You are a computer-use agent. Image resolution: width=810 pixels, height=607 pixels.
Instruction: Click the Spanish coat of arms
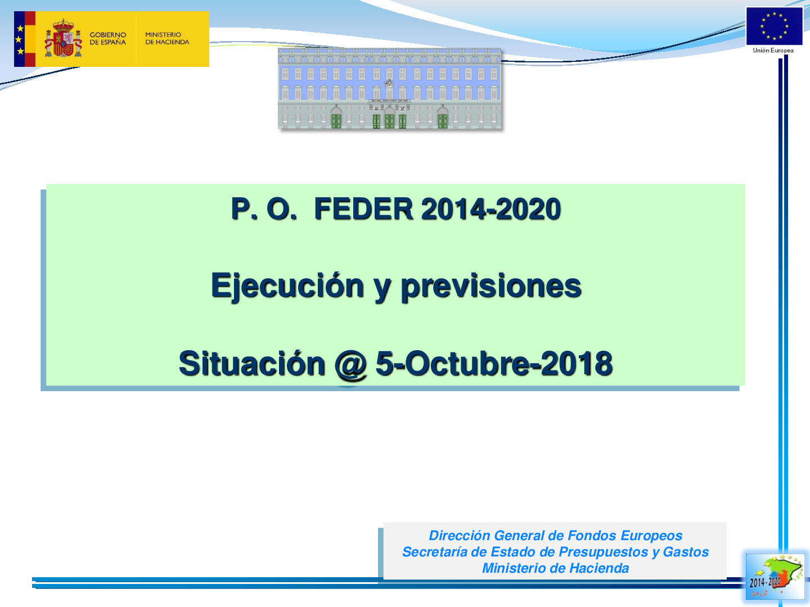pyautogui.click(x=63, y=38)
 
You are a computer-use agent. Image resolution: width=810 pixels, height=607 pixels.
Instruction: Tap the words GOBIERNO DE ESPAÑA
pyautogui.click(x=108, y=38)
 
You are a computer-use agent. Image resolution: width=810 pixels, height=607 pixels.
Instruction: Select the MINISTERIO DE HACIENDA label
pyautogui.click(x=167, y=38)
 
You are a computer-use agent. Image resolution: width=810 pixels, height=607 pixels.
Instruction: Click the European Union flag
pyautogui.click(x=774, y=26)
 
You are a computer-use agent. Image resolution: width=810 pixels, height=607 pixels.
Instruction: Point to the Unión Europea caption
pyautogui.click(x=773, y=51)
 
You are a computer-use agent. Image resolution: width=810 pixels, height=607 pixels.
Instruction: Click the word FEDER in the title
pyautogui.click(x=363, y=209)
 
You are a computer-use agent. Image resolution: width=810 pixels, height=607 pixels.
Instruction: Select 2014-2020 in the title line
pyautogui.click(x=491, y=209)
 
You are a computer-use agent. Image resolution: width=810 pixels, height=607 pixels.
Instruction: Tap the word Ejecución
pyautogui.click(x=287, y=287)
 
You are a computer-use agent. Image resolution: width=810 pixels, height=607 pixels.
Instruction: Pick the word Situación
pyautogui.click(x=251, y=364)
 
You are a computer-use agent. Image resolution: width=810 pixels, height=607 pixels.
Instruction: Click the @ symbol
pyautogui.click(x=350, y=365)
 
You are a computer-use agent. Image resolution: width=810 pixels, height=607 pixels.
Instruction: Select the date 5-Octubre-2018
pyautogui.click(x=494, y=364)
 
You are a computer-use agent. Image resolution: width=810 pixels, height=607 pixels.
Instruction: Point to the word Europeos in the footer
pyautogui.click(x=651, y=536)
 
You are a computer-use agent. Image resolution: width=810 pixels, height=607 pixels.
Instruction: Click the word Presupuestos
pyautogui.click(x=604, y=552)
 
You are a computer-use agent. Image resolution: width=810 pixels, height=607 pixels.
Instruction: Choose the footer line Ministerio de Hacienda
pyautogui.click(x=555, y=568)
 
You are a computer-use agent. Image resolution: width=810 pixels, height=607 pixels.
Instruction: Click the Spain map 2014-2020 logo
pyautogui.click(x=775, y=577)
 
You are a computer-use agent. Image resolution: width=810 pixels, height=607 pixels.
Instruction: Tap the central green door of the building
pyautogui.click(x=389, y=120)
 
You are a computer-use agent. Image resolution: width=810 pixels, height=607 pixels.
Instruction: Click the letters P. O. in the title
pyautogui.click(x=263, y=209)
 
